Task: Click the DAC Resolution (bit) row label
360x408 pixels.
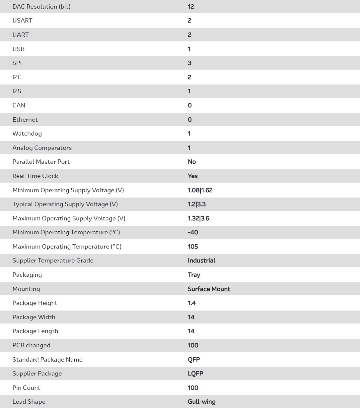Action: pyautogui.click(x=41, y=7)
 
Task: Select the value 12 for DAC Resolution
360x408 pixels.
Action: pyautogui.click(x=191, y=7)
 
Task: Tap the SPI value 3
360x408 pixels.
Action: pyautogui.click(x=189, y=63)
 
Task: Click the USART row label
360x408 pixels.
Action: pyautogui.click(x=22, y=21)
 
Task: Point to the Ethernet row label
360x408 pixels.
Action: pyautogui.click(x=25, y=120)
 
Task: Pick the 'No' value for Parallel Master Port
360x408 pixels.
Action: pyautogui.click(x=192, y=162)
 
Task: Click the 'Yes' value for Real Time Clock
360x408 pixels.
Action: pyautogui.click(x=193, y=176)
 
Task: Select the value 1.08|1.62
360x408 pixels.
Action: pyautogui.click(x=200, y=190)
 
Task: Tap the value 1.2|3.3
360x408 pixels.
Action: pyautogui.click(x=197, y=204)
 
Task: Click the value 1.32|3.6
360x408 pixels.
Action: pyautogui.click(x=198, y=218)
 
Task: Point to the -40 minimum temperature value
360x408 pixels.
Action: pyautogui.click(x=193, y=232)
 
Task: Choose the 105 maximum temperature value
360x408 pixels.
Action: pyautogui.click(x=193, y=247)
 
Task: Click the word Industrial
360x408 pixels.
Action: pyautogui.click(x=201, y=261)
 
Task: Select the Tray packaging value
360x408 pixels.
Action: pyautogui.click(x=194, y=275)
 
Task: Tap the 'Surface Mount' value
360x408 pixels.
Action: pyautogui.click(x=209, y=289)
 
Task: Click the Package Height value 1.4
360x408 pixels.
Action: pyautogui.click(x=192, y=303)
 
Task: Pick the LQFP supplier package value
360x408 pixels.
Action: pyautogui.click(x=195, y=374)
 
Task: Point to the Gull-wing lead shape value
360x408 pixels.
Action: pyautogui.click(x=202, y=402)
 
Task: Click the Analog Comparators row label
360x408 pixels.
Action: pyautogui.click(x=42, y=148)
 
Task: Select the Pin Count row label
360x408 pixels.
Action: pyautogui.click(x=26, y=388)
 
